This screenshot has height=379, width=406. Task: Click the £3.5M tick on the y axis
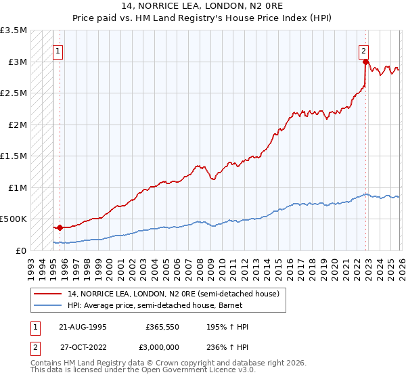[14, 31]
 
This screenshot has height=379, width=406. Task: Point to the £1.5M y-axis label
[14, 156]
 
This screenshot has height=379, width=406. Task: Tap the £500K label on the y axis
[14, 219]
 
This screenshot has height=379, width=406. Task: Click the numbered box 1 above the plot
[58, 50]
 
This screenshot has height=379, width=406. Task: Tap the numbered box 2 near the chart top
[364, 50]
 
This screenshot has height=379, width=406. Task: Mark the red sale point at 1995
[60, 228]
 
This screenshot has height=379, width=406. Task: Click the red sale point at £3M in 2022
[365, 62]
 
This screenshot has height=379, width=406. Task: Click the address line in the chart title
[203, 5]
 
